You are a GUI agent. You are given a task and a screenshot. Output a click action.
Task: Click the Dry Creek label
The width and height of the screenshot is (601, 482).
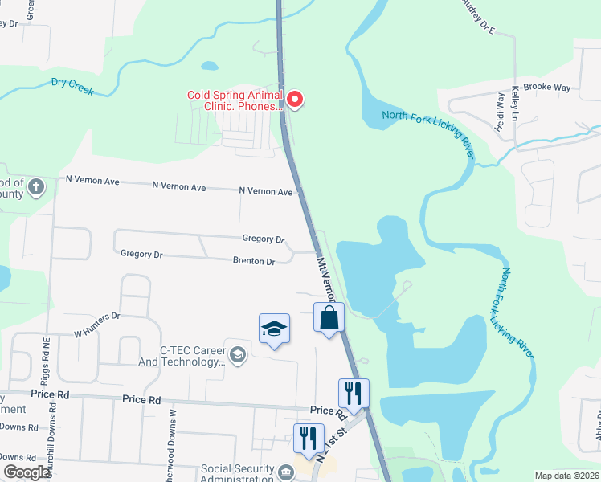(72, 86)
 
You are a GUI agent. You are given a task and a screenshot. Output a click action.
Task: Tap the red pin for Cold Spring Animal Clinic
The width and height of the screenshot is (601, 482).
(295, 100)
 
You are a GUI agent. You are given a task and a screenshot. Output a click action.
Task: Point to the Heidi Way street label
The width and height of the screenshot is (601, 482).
(501, 111)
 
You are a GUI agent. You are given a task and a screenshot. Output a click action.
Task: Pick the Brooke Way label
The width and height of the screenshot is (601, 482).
(546, 87)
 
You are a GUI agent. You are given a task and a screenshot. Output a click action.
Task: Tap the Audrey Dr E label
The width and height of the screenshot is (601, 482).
(477, 17)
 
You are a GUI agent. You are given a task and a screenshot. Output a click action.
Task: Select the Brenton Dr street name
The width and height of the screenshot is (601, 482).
(254, 261)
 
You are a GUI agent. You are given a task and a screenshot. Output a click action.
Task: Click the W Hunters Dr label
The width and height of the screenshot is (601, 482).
(96, 324)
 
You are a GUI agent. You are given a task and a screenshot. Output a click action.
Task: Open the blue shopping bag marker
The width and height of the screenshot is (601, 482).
(329, 317)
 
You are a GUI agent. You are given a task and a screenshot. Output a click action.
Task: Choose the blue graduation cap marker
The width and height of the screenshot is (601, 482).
(274, 329)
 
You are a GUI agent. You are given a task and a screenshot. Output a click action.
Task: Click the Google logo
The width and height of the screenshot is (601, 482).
(27, 472)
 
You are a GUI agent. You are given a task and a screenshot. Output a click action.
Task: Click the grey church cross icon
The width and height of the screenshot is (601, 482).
(35, 188)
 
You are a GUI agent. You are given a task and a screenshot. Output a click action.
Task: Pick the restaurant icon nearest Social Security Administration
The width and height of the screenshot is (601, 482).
(308, 439)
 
